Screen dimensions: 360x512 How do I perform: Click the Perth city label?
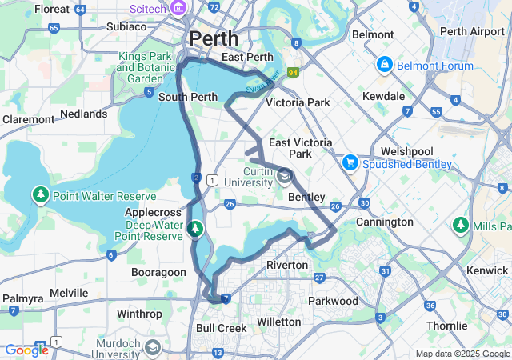pyautogui.click(x=214, y=38)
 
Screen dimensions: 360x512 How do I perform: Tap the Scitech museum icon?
pyautogui.click(x=178, y=9)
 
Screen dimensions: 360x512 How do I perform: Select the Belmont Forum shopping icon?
pyautogui.click(x=384, y=63)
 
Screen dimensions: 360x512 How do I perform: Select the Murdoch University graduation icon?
pyautogui.click(x=153, y=348)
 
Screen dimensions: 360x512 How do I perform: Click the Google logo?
pyautogui.click(x=26, y=350)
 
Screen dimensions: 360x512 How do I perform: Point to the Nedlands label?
pyautogui.click(x=83, y=114)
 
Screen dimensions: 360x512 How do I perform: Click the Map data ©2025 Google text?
pyautogui.click(x=462, y=354)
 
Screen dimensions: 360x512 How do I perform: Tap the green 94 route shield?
pyautogui.click(x=294, y=73)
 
